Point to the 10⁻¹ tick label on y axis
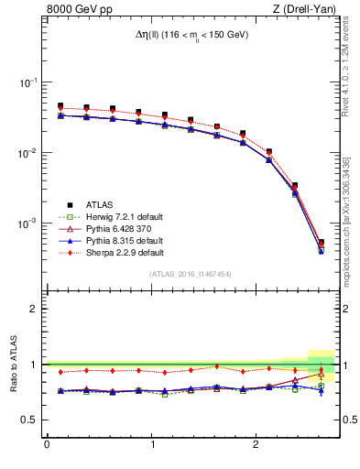click(x=29, y=82)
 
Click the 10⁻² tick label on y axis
click(x=29, y=153)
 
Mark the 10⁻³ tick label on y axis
click(x=29, y=224)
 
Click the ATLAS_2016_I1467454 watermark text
click(x=191, y=274)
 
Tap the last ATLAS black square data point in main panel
click(x=321, y=243)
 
